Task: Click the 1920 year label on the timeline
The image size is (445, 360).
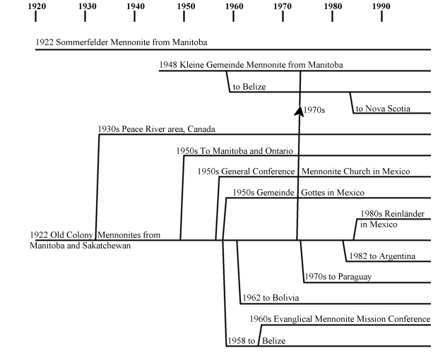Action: coord(37,6)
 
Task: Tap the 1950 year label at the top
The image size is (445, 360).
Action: coord(186,6)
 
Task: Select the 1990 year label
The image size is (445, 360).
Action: coord(381,6)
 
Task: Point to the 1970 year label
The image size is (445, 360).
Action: coord(283,6)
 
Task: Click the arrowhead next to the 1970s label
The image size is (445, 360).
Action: coord(299,112)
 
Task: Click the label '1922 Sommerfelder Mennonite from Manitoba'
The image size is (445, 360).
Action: coord(121,42)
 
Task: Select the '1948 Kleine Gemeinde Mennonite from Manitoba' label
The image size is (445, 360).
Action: coord(251,65)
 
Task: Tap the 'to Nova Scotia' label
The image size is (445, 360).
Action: coord(383,109)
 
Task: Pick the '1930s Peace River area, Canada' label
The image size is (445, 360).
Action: coord(156,129)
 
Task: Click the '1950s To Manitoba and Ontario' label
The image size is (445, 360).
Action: coord(235,150)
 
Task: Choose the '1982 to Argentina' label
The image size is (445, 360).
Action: coord(382,256)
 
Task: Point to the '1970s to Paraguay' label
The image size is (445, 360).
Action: coord(338,277)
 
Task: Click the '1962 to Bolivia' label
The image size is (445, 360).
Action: coord(271,298)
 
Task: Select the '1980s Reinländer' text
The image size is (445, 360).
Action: coord(393,214)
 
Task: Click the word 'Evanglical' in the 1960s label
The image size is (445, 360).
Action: coord(293,319)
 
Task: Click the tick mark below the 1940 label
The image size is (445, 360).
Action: coord(134,17)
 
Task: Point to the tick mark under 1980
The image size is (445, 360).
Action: coord(332,17)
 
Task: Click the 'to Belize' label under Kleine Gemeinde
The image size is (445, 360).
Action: coord(249,87)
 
